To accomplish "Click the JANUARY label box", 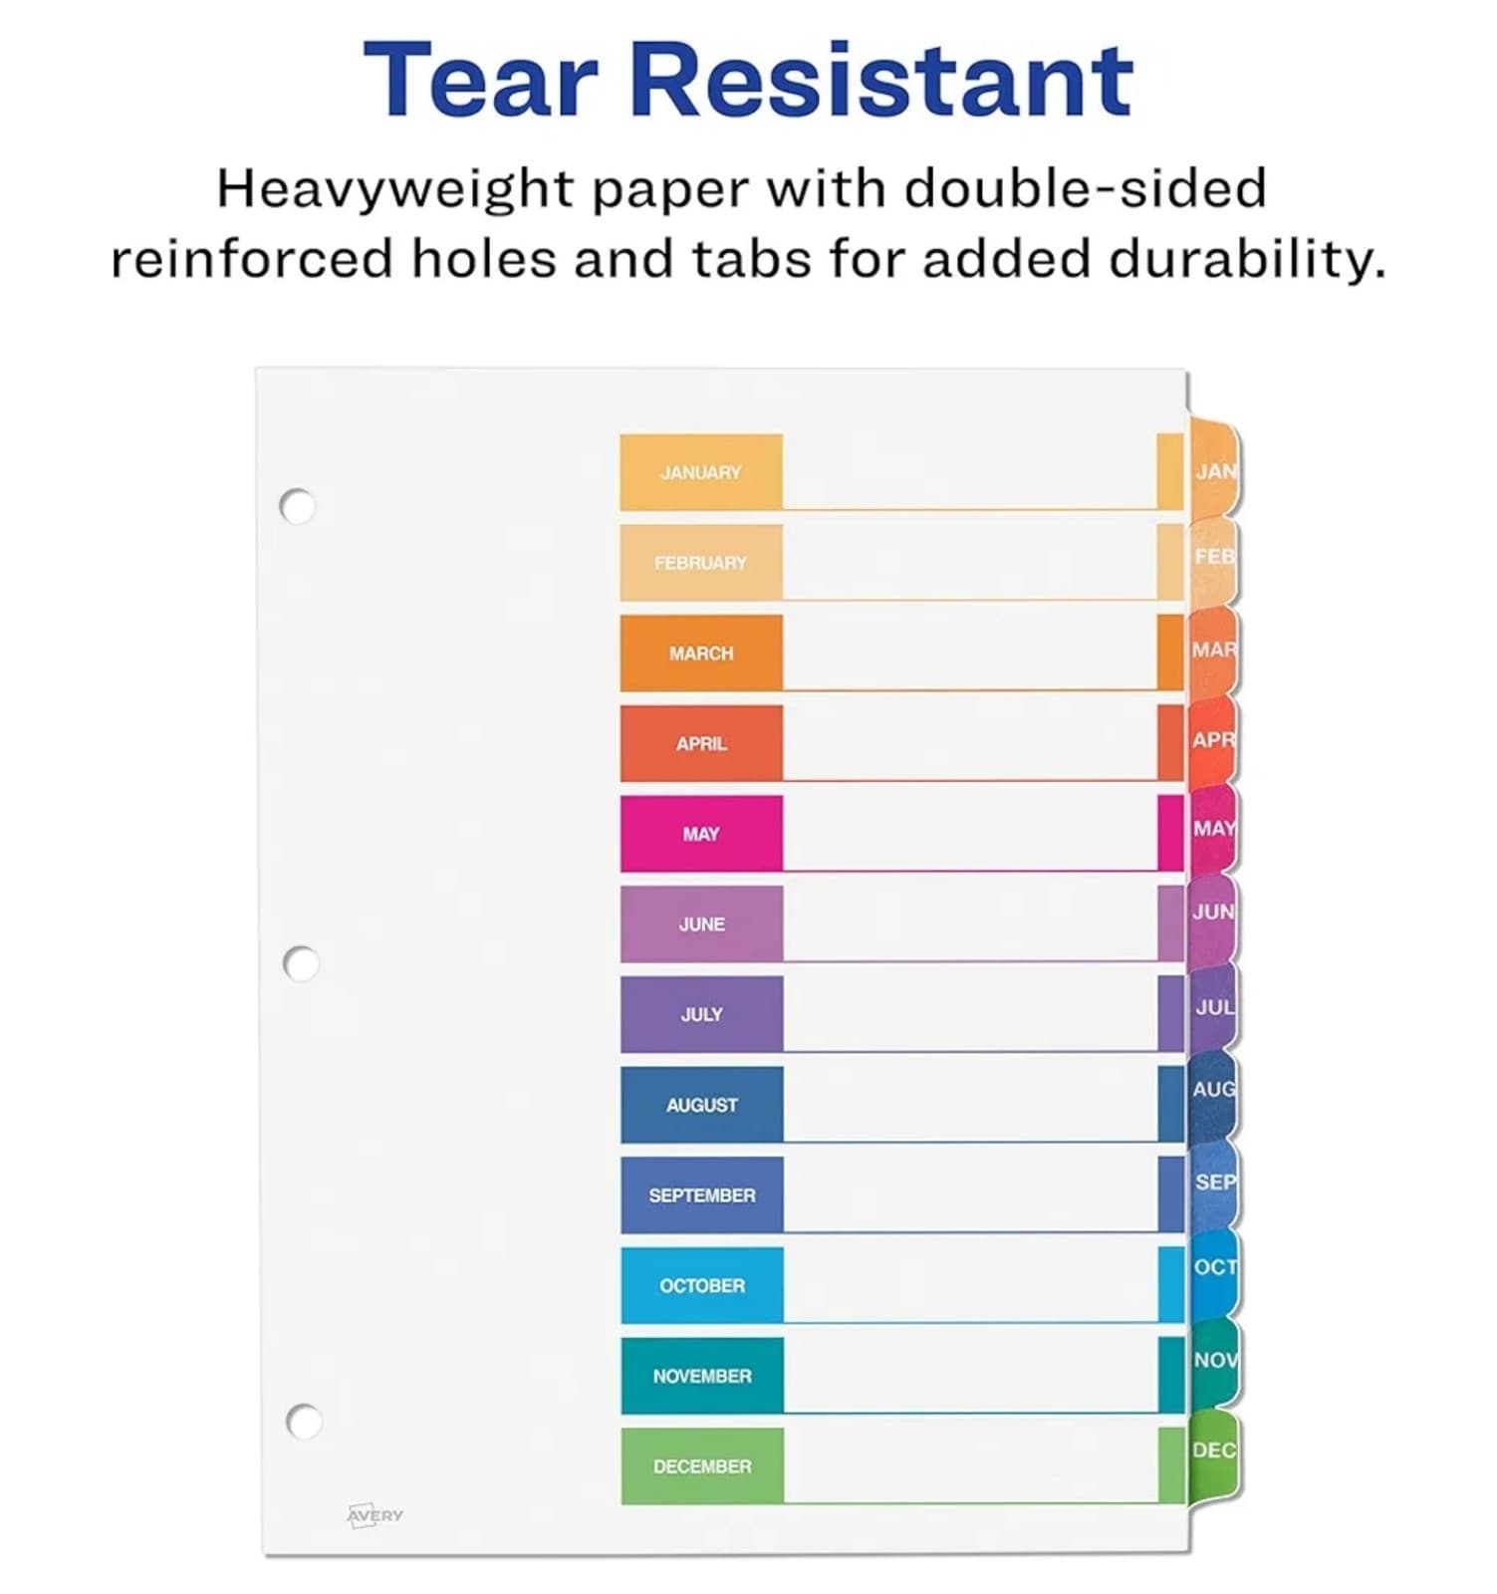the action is (701, 472).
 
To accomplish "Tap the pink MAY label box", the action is (701, 834).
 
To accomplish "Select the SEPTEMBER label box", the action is (702, 1195).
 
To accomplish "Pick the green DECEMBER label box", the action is (702, 1465).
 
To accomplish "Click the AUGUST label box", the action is (702, 1104).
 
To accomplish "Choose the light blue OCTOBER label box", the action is (702, 1285).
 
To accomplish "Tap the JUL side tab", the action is (1213, 1007).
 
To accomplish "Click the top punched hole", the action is (297, 506).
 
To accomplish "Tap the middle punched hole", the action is (301, 963).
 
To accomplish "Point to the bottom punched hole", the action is (304, 1421).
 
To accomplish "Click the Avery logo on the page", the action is (375, 1515).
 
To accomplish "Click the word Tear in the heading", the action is (480, 80).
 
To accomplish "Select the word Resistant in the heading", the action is (881, 80).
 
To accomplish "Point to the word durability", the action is (1247, 259).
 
